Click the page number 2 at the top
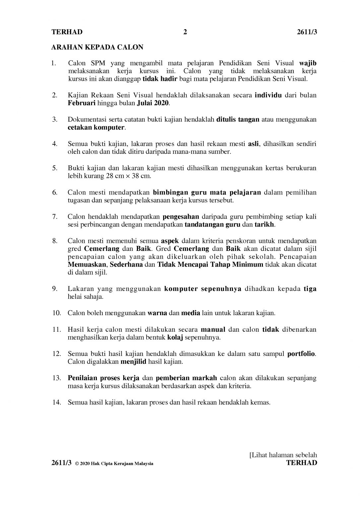click(x=185, y=32)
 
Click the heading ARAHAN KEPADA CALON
click(x=97, y=47)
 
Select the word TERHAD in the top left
click(x=67, y=32)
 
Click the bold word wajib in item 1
click(x=308, y=63)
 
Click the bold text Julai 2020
click(x=153, y=103)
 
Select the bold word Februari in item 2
click(x=82, y=103)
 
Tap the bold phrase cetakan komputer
click(x=96, y=128)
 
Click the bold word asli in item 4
click(x=253, y=144)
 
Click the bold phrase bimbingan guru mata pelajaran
click(x=207, y=192)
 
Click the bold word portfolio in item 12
click(x=301, y=354)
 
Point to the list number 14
click(x=56, y=402)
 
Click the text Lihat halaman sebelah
click(x=284, y=455)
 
